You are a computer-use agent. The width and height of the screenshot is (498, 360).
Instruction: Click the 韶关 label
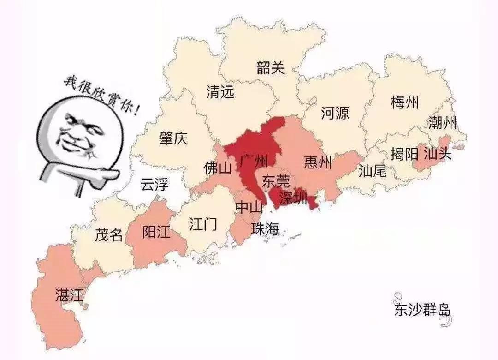(271, 68)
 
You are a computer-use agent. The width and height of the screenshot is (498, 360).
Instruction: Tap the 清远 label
(220, 92)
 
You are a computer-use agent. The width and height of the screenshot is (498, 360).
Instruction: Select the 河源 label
(335, 113)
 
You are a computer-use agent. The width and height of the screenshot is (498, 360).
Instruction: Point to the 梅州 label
(404, 102)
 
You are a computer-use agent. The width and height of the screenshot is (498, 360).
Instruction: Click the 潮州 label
(442, 123)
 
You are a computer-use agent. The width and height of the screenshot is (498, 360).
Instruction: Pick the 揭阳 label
(404, 154)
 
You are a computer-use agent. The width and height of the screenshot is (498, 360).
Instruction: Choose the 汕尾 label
(372, 172)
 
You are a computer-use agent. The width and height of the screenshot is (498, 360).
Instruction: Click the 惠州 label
(318, 162)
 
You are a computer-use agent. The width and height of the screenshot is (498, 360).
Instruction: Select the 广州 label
(253, 161)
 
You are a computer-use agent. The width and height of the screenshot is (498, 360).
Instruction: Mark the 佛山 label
(218, 168)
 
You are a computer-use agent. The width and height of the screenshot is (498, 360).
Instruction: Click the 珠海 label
(265, 228)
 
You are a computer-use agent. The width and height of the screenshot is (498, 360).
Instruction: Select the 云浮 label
(154, 185)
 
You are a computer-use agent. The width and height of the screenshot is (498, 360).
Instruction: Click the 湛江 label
(69, 295)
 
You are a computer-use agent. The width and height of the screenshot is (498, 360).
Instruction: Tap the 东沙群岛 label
(422, 310)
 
